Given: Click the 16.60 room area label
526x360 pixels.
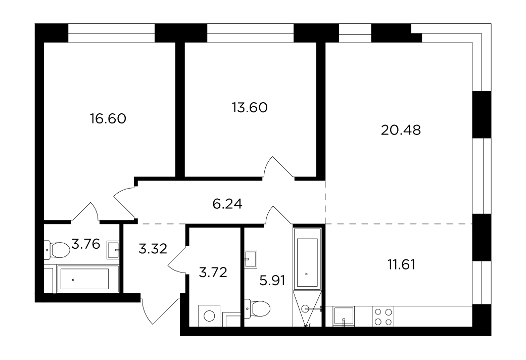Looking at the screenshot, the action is tap(108, 118).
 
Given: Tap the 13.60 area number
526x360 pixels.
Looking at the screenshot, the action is tap(250, 108).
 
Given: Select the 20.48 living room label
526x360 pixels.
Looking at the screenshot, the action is tap(401, 130).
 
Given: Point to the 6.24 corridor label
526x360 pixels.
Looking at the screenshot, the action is tap(227, 204).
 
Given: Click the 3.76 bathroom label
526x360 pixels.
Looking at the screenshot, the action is tap(86, 244).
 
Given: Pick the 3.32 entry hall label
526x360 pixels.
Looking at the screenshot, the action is tap(153, 249).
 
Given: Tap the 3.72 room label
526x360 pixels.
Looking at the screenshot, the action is tap(213, 272).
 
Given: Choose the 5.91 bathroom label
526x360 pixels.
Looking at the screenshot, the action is tap(272, 281).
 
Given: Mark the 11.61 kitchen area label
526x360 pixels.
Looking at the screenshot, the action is tap(402, 265).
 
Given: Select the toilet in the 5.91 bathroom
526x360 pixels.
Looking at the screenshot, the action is tap(258, 308).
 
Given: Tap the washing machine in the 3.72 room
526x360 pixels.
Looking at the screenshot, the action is tap(209, 316).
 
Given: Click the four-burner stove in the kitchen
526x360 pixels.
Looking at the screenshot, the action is tap(383, 317).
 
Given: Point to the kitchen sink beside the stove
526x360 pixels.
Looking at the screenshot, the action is tap(344, 317).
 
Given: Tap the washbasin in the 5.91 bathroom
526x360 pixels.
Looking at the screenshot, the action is tap(251, 259).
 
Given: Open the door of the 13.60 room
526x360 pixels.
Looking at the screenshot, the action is tap(278, 167).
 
